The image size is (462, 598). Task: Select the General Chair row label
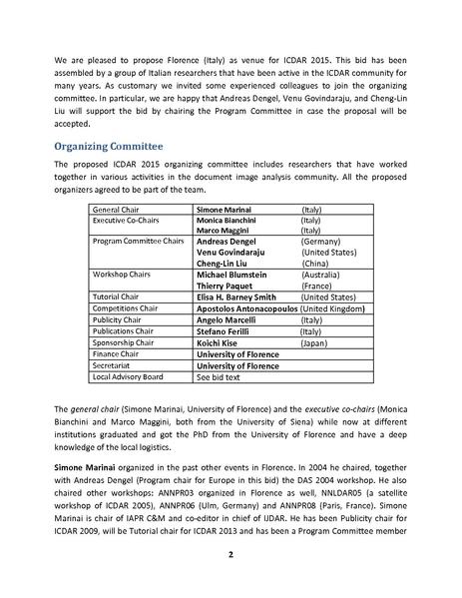[116, 212]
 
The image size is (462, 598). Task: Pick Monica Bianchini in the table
[232, 221]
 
